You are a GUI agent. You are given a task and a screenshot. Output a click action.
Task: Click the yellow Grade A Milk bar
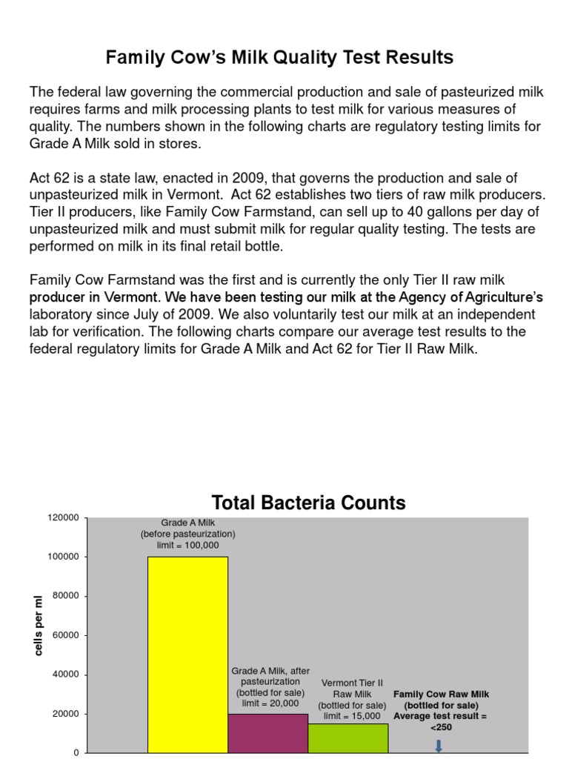[x=187, y=652]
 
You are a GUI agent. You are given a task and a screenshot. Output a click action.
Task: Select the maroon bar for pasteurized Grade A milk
[x=267, y=733]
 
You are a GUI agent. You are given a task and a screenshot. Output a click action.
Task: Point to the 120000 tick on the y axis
[x=63, y=518]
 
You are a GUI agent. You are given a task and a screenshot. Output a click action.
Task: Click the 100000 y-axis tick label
[x=63, y=557]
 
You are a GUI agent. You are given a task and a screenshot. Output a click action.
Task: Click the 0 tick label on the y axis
[x=76, y=753]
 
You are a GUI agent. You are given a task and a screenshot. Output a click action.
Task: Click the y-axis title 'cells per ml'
[x=39, y=626]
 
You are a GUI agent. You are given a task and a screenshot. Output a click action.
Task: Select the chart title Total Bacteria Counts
[x=308, y=503]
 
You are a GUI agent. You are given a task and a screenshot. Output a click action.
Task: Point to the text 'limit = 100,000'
[x=187, y=545]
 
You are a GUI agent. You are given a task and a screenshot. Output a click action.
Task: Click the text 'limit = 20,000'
[x=267, y=703]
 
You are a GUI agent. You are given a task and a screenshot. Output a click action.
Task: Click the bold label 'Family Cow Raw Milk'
[x=441, y=694]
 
